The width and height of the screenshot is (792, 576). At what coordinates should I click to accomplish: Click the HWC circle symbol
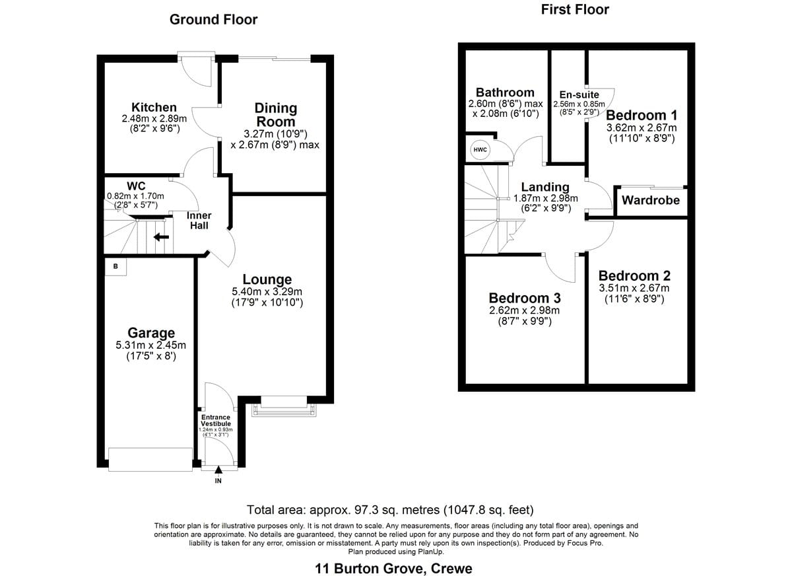tap(480, 150)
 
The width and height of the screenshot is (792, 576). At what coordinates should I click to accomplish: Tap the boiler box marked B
tap(115, 266)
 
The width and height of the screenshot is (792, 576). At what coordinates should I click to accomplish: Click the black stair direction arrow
tap(161, 236)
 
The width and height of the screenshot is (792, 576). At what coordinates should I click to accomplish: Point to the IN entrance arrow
tap(218, 470)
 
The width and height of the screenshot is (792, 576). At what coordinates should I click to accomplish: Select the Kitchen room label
tap(154, 107)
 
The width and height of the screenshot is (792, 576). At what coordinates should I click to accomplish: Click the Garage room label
tap(151, 333)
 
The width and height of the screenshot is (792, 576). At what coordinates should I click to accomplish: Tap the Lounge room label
tap(267, 279)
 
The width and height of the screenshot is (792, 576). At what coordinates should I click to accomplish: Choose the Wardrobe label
tap(651, 200)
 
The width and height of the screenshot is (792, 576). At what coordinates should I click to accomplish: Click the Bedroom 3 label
tap(525, 298)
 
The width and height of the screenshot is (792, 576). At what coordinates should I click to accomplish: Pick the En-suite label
tap(579, 95)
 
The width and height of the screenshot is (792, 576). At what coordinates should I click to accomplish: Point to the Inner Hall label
tap(199, 221)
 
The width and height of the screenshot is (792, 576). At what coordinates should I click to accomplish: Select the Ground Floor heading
tap(214, 19)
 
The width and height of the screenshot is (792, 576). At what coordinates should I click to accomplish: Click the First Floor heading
tap(575, 9)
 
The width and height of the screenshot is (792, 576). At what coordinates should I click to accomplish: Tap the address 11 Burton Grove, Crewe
tap(393, 569)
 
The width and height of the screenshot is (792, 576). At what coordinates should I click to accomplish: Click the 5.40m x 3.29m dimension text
tap(267, 292)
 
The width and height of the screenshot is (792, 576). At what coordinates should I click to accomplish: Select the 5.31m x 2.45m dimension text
tap(151, 345)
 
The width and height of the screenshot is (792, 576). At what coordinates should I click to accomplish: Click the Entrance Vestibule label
tap(216, 420)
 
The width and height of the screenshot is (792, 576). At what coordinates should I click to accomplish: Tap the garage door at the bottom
tap(150, 459)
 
